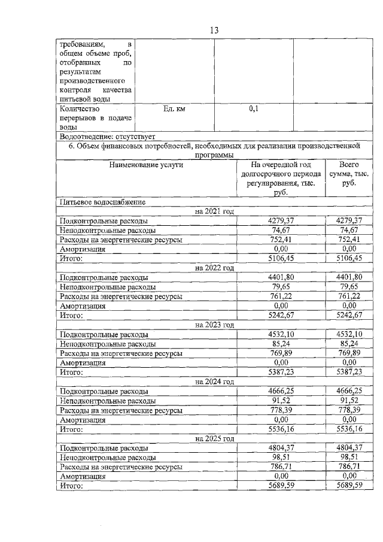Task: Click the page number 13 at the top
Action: click(214, 31)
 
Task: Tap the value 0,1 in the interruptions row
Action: click(253, 110)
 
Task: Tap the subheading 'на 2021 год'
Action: click(214, 211)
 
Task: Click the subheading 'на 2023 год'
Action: click(214, 325)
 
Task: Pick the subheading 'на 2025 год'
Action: click(214, 438)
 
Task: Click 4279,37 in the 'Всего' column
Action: click(348, 220)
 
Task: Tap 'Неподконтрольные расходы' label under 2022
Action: click(108, 287)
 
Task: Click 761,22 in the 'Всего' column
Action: click(348, 296)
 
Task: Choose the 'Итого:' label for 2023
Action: click(71, 372)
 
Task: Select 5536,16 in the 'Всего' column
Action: click(348, 429)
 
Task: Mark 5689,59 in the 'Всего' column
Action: click(348, 486)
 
